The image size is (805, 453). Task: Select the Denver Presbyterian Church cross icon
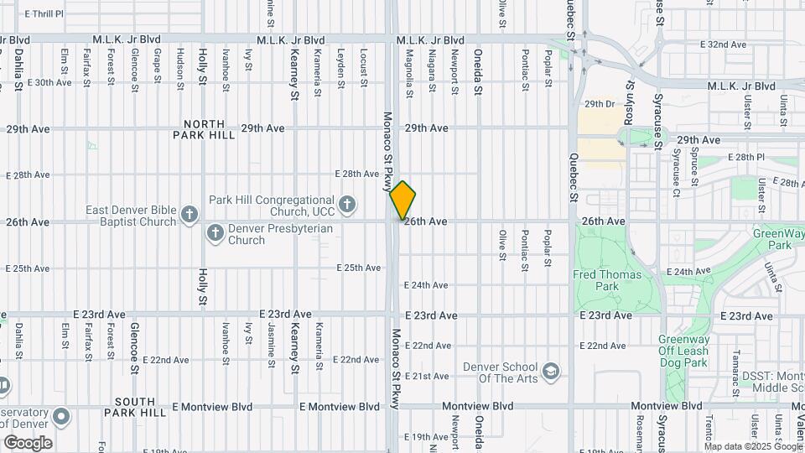[x=216, y=232]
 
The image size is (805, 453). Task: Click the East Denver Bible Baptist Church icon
[x=190, y=216]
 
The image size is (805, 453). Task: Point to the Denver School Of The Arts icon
[x=550, y=371]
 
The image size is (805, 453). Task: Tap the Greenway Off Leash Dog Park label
[x=683, y=351]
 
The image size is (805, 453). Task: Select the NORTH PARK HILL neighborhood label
[x=205, y=128]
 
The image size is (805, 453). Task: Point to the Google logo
[x=27, y=443]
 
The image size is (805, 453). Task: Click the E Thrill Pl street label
[x=44, y=14]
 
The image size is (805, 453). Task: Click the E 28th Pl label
[x=728, y=157]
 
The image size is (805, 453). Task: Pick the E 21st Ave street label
[x=428, y=376]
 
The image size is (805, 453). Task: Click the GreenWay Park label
[x=772, y=239]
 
